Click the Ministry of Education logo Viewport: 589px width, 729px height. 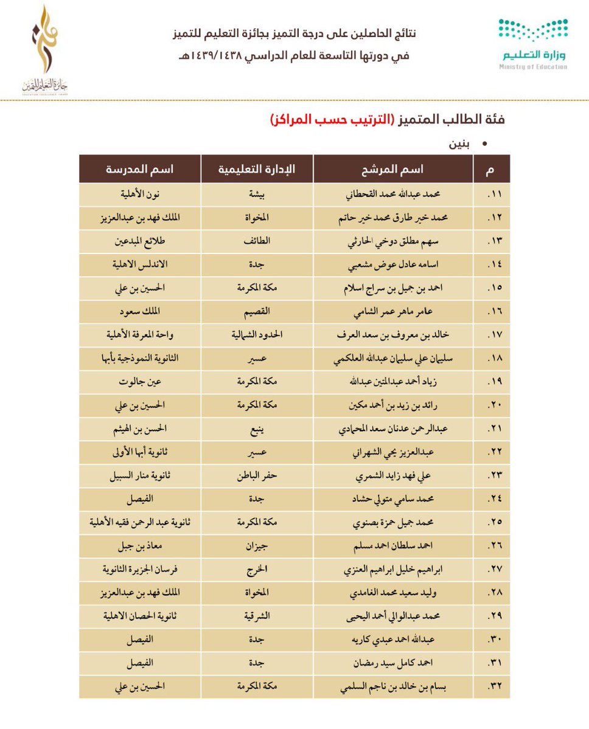[532, 44]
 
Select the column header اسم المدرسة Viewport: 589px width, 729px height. [139, 169]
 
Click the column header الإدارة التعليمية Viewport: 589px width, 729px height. [257, 169]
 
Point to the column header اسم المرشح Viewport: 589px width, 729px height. [393, 169]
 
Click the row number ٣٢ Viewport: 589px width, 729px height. [492, 688]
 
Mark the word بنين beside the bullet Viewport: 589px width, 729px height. [462, 144]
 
